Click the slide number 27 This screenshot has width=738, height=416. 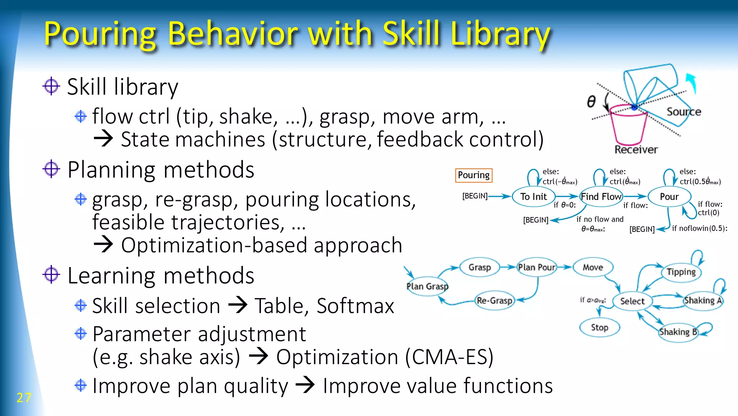click(x=24, y=398)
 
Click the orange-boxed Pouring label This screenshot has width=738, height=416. click(x=474, y=175)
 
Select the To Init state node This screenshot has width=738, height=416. click(x=533, y=197)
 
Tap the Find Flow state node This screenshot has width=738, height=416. click(x=601, y=197)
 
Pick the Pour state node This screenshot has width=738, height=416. click(x=669, y=197)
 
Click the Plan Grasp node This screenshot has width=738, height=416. click(x=427, y=286)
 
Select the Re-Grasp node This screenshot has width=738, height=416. click(x=494, y=301)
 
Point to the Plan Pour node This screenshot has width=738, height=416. click(x=537, y=267)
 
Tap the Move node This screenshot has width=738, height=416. click(x=593, y=267)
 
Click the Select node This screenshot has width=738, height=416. click(x=632, y=301)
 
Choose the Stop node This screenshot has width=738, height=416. click(x=600, y=328)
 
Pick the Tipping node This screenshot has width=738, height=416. click(x=681, y=272)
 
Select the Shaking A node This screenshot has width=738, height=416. click(x=703, y=301)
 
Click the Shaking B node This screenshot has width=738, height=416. click(x=678, y=332)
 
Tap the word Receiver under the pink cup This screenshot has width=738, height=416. click(x=636, y=149)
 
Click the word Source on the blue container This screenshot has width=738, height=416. click(x=684, y=112)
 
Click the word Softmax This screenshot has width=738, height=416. click(x=355, y=306)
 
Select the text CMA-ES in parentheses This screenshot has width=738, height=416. click(x=449, y=357)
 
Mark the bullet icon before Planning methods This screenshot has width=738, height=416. click(x=51, y=169)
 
